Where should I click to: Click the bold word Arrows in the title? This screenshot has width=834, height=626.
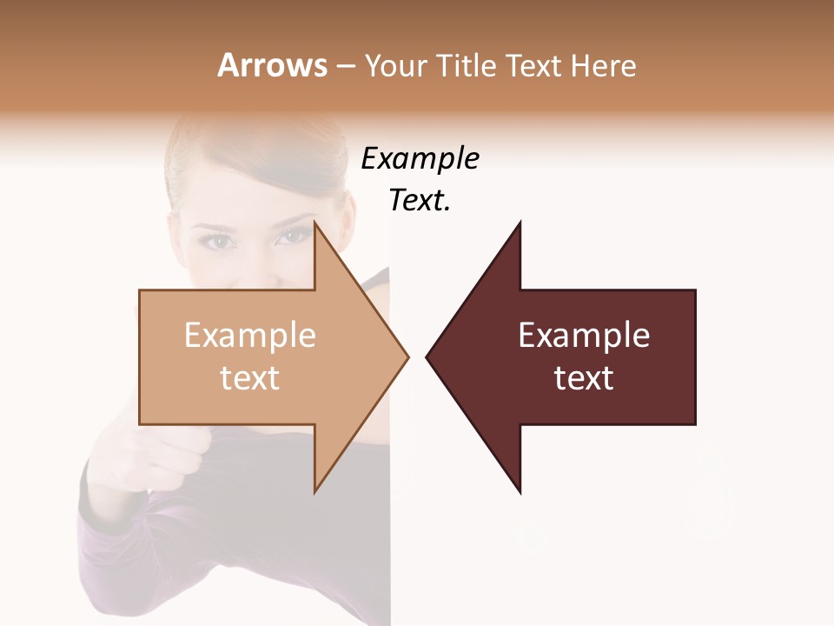point(272,65)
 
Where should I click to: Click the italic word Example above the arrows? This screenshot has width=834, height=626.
point(420,159)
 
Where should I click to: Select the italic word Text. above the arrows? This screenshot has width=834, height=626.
point(420,201)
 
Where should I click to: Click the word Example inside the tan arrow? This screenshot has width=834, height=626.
point(250,336)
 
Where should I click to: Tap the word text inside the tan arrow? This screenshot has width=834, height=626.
point(250,378)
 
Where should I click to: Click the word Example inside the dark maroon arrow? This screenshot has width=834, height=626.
point(584,336)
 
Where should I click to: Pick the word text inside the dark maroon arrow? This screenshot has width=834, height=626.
point(584,378)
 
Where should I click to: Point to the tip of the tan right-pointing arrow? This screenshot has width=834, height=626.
point(407,356)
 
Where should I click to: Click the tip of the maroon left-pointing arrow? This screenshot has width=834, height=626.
point(427,356)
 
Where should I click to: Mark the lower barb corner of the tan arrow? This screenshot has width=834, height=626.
point(314,491)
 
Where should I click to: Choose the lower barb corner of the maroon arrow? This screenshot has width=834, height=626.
point(520,492)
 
